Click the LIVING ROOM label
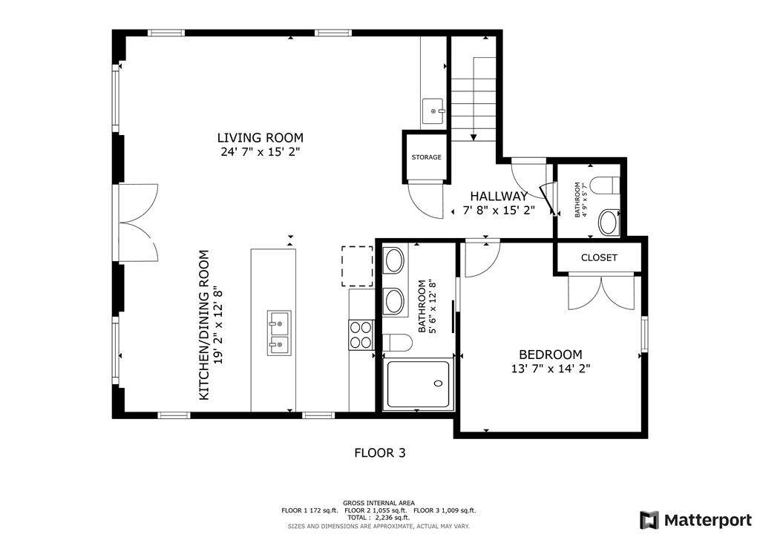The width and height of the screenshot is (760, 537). coord(261,137)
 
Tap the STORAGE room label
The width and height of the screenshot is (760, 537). coord(427,157)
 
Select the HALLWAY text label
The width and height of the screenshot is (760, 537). coord(499,196)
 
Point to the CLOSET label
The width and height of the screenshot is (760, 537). coord(599,257)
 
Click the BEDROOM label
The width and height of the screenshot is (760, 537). coord(551,355)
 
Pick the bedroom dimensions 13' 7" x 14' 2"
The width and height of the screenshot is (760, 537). coord(551,369)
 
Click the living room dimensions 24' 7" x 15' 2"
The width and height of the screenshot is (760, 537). coord(261,152)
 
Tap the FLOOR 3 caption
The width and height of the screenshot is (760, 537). coord(380,452)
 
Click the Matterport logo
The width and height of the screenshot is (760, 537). coord(695,520)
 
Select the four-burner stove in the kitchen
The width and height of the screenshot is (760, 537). coord(361,335)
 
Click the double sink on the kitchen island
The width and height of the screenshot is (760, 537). coord(279,333)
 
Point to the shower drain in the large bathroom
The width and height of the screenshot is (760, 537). coord(438,383)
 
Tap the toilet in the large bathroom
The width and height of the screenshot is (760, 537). coord(398,343)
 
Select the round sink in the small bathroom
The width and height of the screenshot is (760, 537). coord(609,223)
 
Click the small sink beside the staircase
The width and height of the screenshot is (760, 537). coord(433,111)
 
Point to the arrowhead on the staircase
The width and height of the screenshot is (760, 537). coord(474,137)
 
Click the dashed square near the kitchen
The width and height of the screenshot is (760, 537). coord(357,266)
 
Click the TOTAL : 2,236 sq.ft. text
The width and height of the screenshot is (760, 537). coord(378,518)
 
